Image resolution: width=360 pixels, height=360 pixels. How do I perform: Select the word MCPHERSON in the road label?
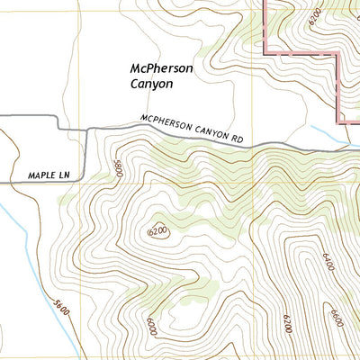point(167,124)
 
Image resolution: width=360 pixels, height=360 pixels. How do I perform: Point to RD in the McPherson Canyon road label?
point(237,139)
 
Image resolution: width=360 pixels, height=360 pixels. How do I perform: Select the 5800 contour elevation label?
point(117,168)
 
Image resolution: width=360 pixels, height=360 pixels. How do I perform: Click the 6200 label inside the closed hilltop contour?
point(157,232)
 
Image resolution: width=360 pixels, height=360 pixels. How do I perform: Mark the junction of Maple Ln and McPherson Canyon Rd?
point(86,129)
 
